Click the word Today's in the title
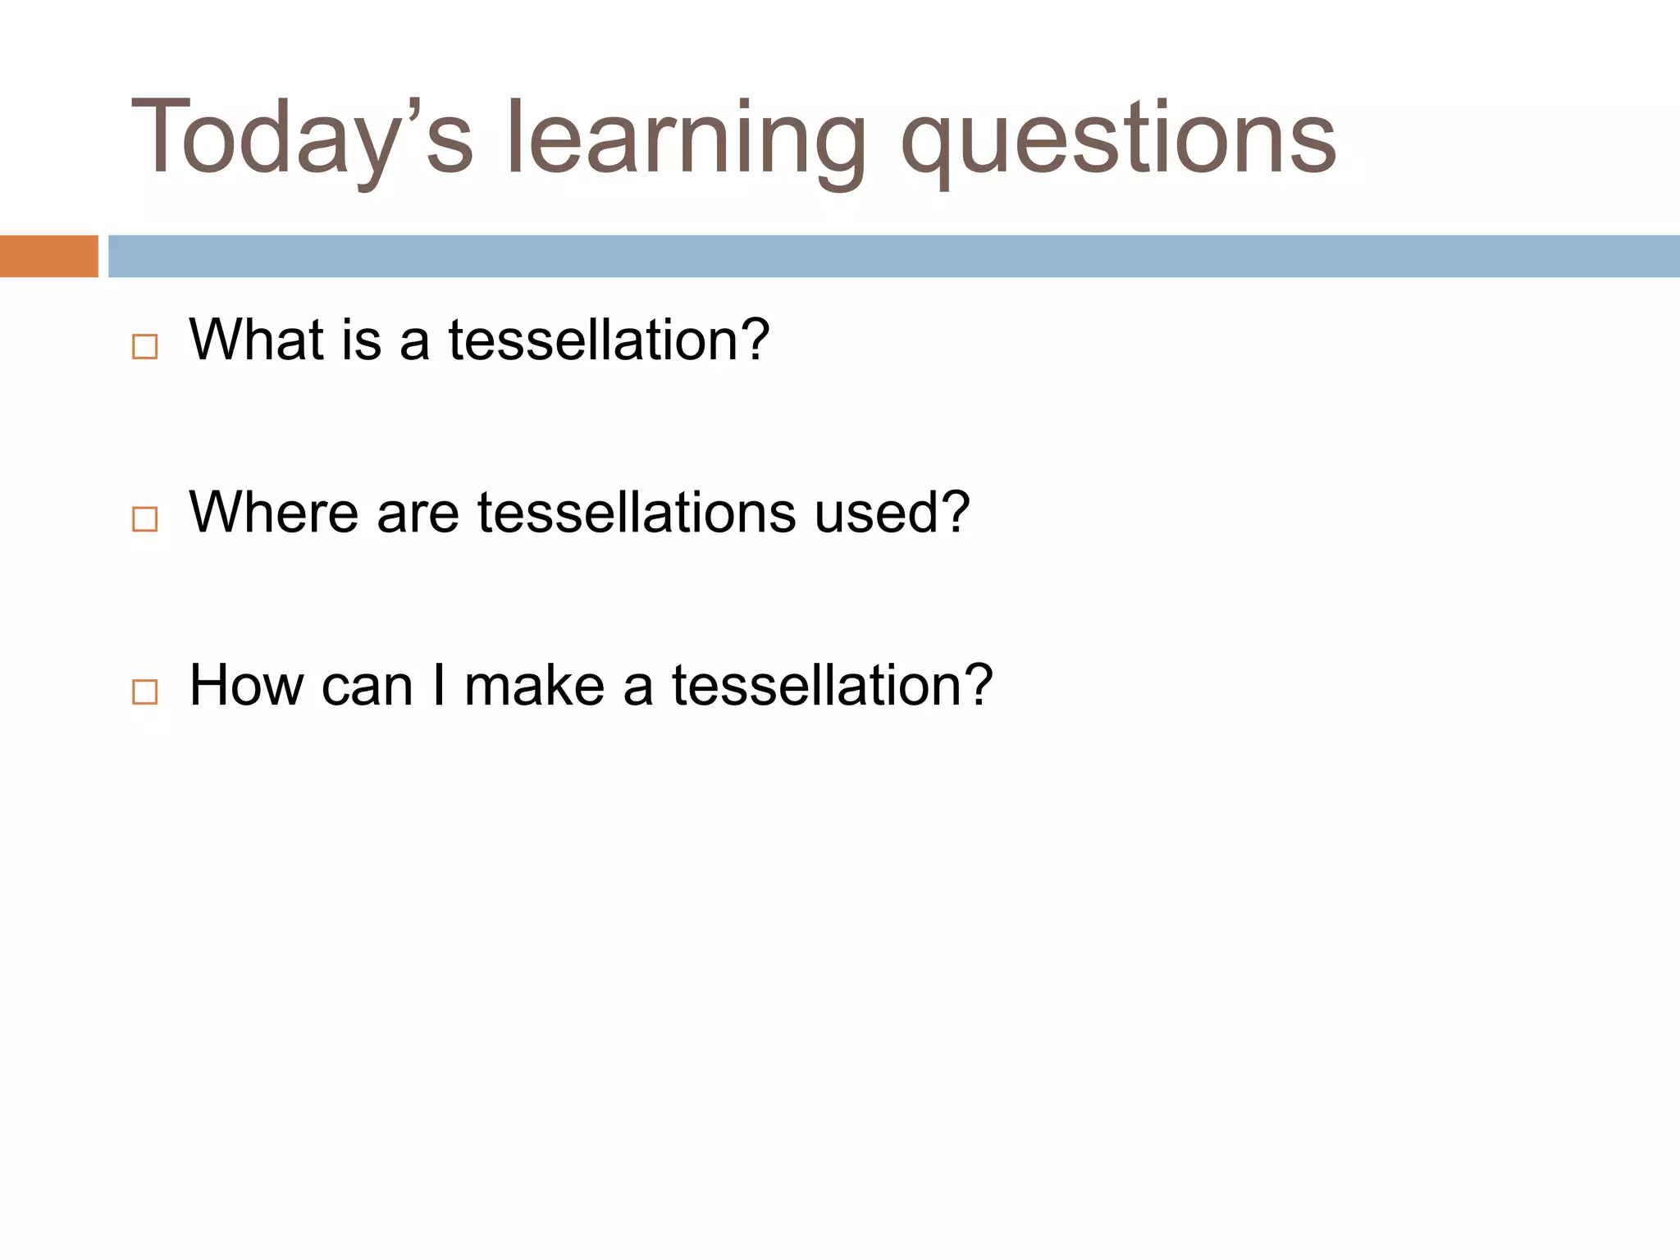point(302,138)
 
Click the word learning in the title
point(686,138)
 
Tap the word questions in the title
point(1118,138)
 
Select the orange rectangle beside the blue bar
point(48,256)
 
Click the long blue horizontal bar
point(893,256)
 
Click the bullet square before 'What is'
point(144,347)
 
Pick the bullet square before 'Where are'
point(144,519)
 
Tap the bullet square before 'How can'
point(144,692)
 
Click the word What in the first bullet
point(256,339)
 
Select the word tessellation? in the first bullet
point(609,339)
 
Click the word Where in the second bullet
point(274,512)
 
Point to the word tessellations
point(637,512)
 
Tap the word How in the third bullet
point(246,685)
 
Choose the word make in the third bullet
point(535,685)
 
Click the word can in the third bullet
point(367,685)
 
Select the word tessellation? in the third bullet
point(832,685)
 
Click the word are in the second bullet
point(418,512)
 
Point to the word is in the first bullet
point(362,339)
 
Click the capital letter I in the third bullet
point(439,685)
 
